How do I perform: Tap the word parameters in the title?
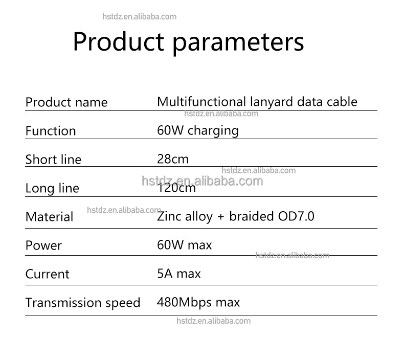(x=238, y=42)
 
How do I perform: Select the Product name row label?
(x=66, y=102)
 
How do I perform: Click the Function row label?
(x=51, y=131)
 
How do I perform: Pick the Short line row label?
(x=53, y=160)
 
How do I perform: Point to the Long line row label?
(x=52, y=188)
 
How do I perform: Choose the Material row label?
(x=50, y=217)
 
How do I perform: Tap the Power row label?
(x=43, y=245)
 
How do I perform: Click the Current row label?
(x=47, y=274)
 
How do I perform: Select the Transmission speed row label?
(x=83, y=303)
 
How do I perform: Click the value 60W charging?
(x=198, y=130)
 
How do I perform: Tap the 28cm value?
(x=173, y=159)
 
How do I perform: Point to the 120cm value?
(x=176, y=188)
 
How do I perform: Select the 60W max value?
(x=184, y=245)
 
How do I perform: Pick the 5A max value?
(x=179, y=274)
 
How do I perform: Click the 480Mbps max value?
(x=198, y=302)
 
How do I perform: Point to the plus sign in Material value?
(x=220, y=217)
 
